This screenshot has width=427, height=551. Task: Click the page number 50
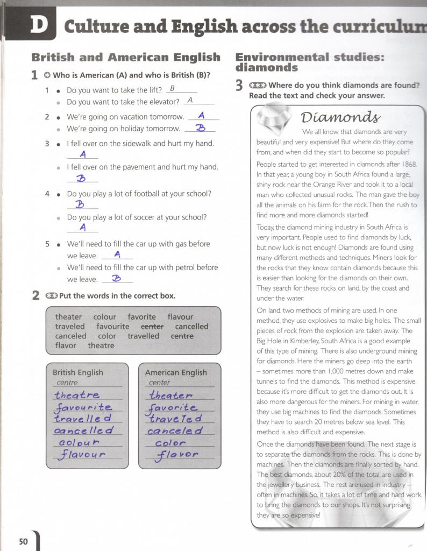(x=23, y=541)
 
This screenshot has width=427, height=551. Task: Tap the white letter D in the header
(x=38, y=25)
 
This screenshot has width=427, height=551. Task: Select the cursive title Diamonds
(x=340, y=117)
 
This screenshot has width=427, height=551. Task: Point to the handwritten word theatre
(x=77, y=395)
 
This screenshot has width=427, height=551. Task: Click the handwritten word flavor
(x=177, y=456)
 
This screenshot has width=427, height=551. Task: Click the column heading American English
(x=176, y=372)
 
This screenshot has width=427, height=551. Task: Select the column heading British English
(x=78, y=372)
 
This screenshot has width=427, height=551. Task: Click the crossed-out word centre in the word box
(x=182, y=336)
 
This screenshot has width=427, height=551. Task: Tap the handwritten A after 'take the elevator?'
(x=190, y=100)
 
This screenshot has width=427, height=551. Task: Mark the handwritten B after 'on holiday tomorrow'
(x=201, y=128)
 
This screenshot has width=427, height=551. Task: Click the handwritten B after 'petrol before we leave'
(x=116, y=278)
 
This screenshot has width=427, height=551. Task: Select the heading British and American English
(x=126, y=57)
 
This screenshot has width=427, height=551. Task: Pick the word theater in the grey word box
(x=69, y=317)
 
